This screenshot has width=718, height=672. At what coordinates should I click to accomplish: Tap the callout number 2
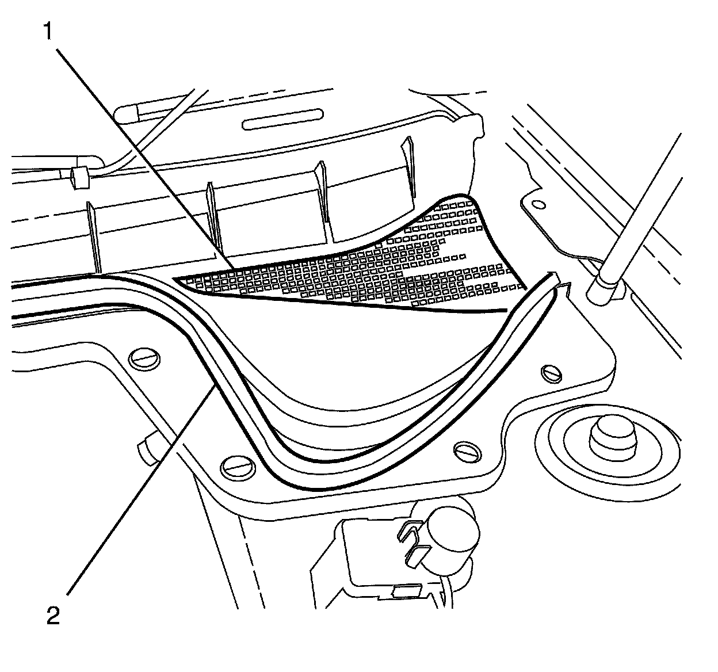click(x=52, y=617)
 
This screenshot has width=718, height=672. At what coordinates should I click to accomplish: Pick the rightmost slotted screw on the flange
click(x=552, y=374)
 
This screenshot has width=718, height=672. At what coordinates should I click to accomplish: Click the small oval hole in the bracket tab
click(x=538, y=204)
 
